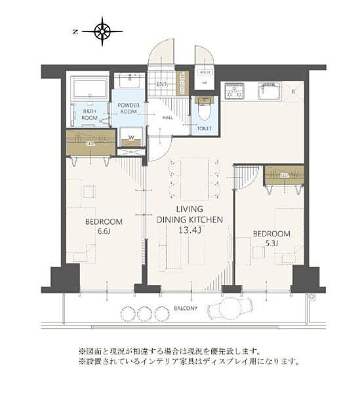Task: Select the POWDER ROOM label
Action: pos(128,108)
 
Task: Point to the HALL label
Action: pos(167,117)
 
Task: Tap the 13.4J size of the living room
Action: pos(190,230)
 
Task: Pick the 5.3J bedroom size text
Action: pos(270,244)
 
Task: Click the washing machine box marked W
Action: pos(132,138)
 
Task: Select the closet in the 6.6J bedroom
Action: pos(90,143)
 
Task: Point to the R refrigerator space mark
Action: pos(293,92)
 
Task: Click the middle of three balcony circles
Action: pos(145,313)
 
